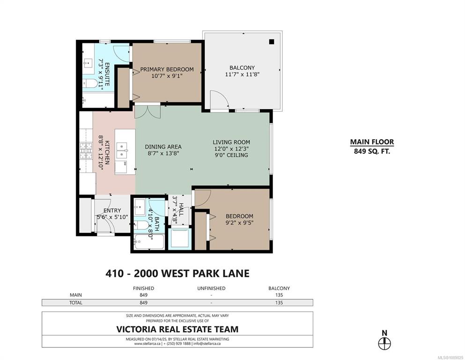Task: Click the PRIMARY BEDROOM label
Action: click(167, 69)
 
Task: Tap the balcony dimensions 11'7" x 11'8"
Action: click(242, 74)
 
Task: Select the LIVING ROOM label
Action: click(231, 142)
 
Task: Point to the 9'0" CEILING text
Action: click(231, 155)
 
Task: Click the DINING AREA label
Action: click(163, 147)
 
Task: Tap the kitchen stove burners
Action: click(86, 150)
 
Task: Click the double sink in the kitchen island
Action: click(122, 150)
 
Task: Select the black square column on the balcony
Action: click(271, 42)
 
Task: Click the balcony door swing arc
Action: click(222, 95)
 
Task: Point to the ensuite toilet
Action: click(90, 84)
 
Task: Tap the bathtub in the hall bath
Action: click(149, 242)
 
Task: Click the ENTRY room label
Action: click(112, 210)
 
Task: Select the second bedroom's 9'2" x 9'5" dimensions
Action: click(240, 223)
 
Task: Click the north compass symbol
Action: click(384, 344)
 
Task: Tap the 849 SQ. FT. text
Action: click(372, 151)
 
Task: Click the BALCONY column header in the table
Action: click(279, 288)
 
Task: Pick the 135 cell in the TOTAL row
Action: click(279, 303)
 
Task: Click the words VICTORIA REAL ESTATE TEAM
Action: click(177, 329)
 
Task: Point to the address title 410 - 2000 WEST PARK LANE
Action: click(177, 273)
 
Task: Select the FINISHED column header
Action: click(144, 288)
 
